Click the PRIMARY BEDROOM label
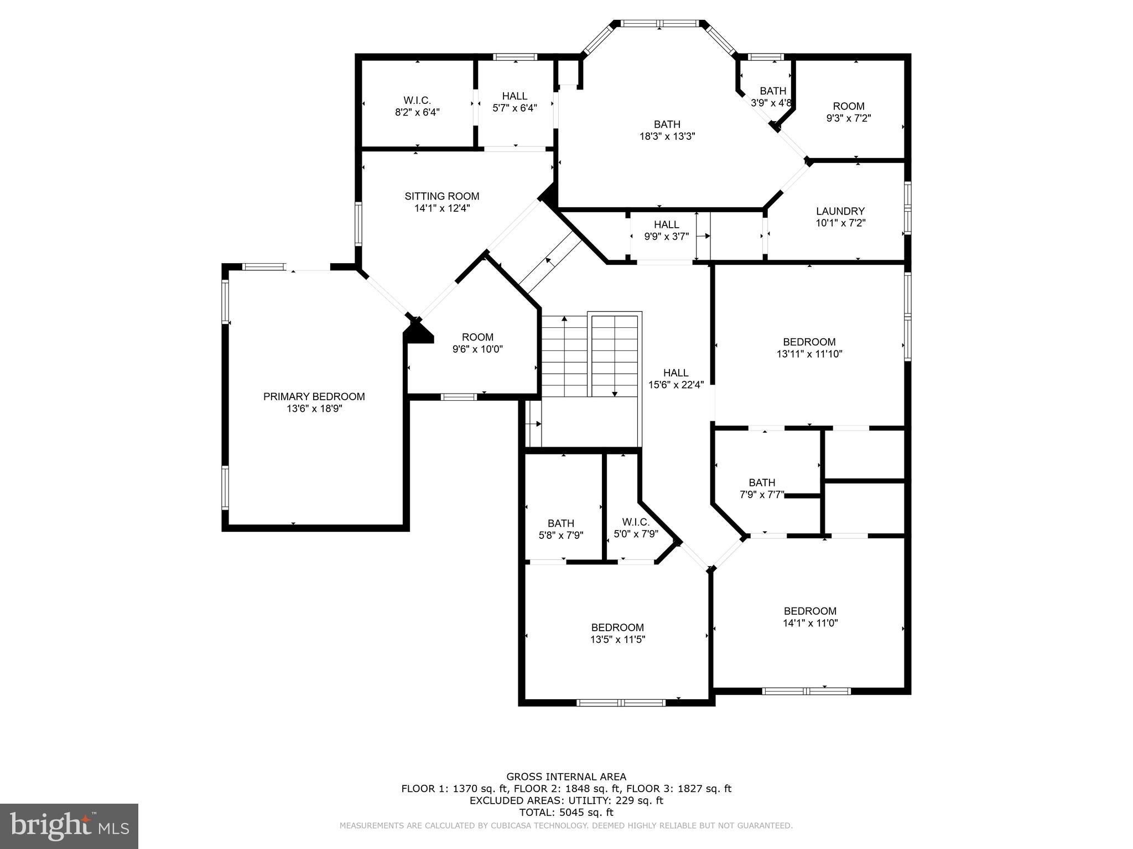(x=314, y=396)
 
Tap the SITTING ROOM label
(x=441, y=196)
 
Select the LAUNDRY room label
(x=840, y=211)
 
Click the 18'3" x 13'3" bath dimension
(x=667, y=137)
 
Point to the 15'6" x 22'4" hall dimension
(x=675, y=385)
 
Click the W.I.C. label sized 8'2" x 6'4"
(x=417, y=100)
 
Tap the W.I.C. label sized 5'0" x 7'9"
(x=635, y=522)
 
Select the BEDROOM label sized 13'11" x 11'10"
(x=809, y=342)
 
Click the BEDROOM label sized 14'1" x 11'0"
(x=810, y=611)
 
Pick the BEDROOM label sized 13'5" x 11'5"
(x=617, y=627)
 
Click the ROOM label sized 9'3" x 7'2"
(x=848, y=106)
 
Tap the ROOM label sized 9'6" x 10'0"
(x=477, y=337)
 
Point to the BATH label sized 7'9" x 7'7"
(x=762, y=483)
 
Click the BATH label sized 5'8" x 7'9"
(x=560, y=523)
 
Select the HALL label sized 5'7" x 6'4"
(x=514, y=96)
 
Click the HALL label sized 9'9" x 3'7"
(x=666, y=224)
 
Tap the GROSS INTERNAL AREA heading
(x=566, y=777)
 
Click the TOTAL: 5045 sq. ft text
(x=566, y=813)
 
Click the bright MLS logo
(x=69, y=826)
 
